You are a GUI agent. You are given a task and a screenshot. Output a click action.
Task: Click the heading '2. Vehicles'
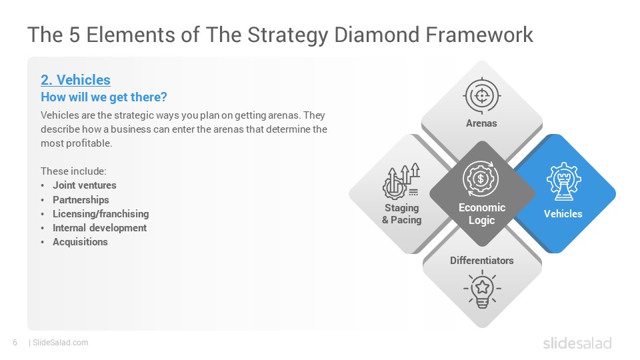(75, 80)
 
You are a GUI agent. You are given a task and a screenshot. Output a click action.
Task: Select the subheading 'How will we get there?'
(104, 97)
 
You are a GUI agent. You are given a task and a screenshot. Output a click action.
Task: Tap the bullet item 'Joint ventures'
(85, 185)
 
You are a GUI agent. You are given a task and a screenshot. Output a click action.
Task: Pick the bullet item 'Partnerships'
(81, 199)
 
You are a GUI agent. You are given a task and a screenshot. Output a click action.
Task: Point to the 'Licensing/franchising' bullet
(101, 214)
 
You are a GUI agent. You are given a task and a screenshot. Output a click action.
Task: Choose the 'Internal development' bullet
(99, 228)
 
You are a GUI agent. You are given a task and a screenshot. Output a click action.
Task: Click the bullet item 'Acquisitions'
(80, 242)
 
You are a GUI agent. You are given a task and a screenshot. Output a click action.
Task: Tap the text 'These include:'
(73, 171)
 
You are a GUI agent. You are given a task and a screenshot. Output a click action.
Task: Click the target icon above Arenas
(481, 95)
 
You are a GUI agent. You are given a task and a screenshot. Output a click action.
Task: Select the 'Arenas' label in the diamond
(481, 123)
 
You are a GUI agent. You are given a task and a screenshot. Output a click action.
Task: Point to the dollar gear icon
(481, 179)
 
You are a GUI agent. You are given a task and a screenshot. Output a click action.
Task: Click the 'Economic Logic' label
(481, 214)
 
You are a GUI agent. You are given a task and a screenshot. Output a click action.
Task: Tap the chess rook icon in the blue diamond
(564, 181)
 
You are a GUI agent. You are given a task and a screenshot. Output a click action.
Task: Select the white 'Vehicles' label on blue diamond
(563, 214)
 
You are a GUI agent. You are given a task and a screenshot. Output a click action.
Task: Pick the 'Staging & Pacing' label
(401, 214)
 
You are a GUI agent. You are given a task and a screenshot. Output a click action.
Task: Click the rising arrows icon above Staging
(401, 181)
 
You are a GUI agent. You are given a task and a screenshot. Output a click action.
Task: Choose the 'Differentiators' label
(481, 261)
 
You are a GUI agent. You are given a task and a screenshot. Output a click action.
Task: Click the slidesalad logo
(577, 343)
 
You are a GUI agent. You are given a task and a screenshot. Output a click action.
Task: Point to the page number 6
(15, 343)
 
